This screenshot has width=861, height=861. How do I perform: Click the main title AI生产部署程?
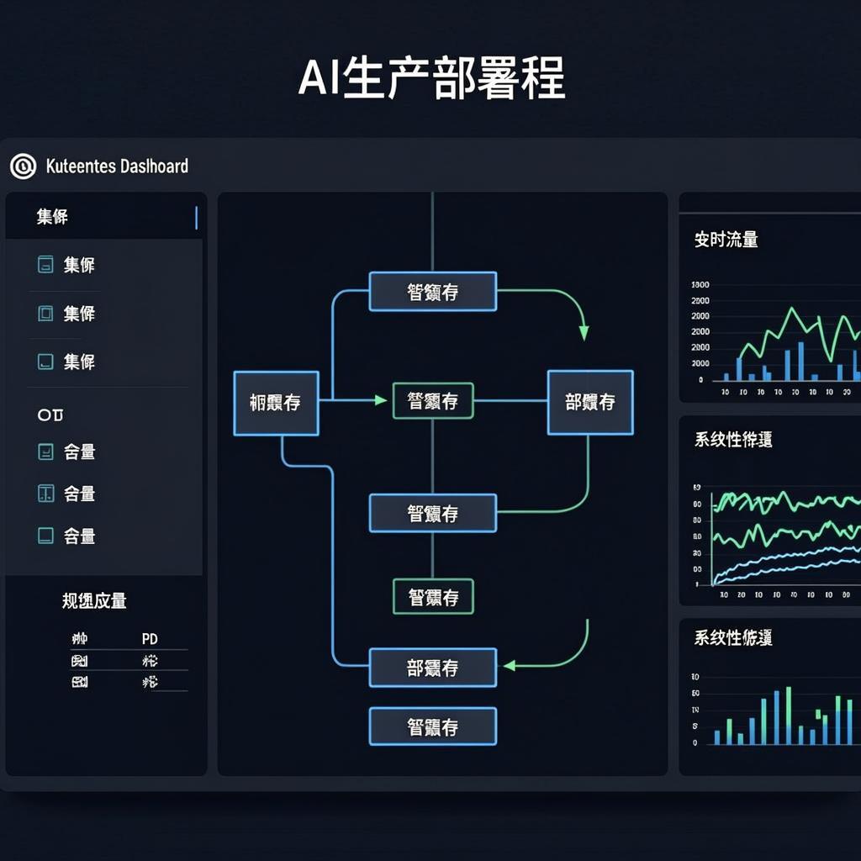430,79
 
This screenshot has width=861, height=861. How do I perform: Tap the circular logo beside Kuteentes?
23,166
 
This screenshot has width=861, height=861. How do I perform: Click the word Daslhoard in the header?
154,166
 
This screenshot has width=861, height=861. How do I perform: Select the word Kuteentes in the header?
81,166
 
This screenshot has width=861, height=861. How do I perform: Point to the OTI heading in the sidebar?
50,415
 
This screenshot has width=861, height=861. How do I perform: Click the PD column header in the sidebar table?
151,639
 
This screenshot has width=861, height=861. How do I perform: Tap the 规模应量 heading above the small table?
94,601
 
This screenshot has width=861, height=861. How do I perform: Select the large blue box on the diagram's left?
276,403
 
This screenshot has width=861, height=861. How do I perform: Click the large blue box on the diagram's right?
590,403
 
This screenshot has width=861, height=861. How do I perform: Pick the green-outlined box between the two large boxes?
433,401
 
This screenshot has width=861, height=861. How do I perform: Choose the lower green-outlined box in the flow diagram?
433,597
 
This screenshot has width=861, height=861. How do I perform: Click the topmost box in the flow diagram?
433,292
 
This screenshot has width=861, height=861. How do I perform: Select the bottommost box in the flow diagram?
433,727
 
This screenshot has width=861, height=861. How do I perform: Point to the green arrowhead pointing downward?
584,334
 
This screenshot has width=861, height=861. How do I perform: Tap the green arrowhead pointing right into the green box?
382,401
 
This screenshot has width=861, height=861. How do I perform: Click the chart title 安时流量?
726,240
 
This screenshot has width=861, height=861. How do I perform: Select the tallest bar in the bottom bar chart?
789,716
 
